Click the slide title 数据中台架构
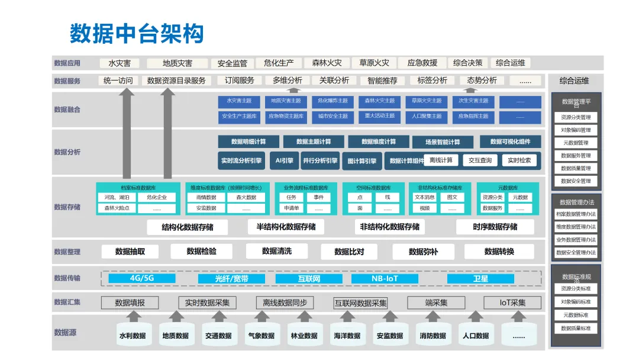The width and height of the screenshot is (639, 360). [137, 33]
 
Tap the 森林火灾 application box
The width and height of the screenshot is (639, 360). [327, 63]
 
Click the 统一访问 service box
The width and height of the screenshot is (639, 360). [118, 81]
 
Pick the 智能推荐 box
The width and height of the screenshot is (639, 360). [382, 81]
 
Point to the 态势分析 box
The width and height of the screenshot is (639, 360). [482, 81]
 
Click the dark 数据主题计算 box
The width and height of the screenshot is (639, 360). [314, 142]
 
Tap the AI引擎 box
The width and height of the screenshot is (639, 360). [285, 160]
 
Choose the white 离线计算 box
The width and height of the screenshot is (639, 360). [441, 160]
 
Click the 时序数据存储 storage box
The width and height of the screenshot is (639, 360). [495, 227]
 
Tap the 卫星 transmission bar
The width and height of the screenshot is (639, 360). [480, 278]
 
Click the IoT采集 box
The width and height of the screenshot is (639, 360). [512, 303]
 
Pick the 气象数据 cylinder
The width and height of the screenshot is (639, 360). [261, 335]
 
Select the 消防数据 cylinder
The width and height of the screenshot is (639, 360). [433, 335]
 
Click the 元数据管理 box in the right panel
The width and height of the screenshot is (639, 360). [576, 143]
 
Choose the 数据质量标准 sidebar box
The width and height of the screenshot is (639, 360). [576, 328]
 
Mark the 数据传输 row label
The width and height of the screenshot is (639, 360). [67, 278]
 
